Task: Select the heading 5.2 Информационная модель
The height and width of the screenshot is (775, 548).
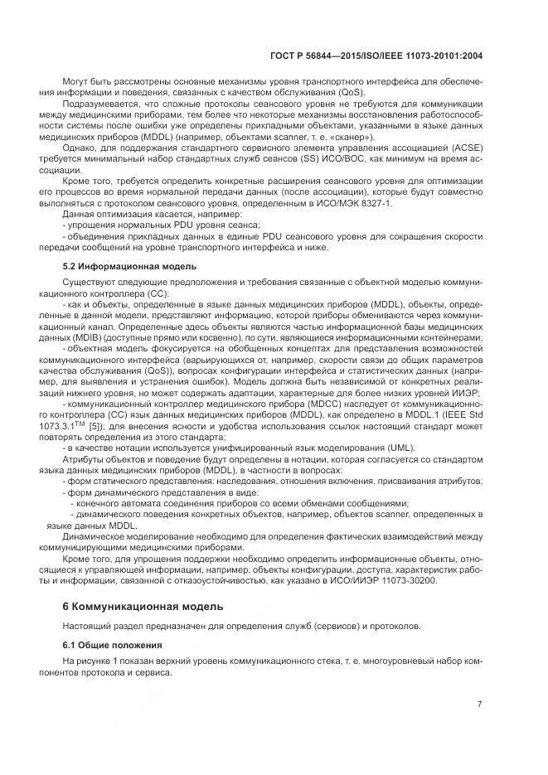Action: coord(129,266)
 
